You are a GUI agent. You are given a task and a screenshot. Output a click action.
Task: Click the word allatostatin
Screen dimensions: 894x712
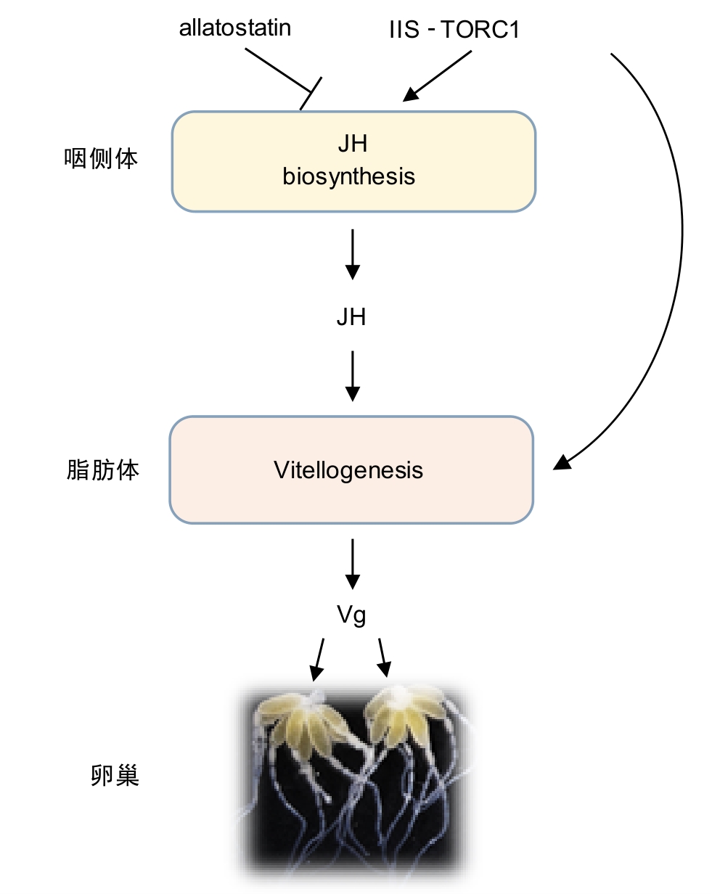[x=234, y=28]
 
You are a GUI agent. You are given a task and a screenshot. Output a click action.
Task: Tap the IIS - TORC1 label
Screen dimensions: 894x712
[x=454, y=30]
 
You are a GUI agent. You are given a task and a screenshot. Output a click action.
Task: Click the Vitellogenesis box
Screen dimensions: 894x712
[x=351, y=470]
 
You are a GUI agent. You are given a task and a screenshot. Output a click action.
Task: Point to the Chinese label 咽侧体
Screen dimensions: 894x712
[x=101, y=159]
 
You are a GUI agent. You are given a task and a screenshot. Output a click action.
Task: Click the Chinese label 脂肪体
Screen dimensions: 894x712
[x=102, y=470]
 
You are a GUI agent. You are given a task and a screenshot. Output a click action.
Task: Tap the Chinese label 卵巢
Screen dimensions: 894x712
[x=115, y=776]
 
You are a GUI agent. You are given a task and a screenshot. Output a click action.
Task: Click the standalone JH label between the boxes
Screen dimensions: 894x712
[x=351, y=316]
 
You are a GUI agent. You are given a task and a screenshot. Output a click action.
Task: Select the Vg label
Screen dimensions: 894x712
[x=351, y=615]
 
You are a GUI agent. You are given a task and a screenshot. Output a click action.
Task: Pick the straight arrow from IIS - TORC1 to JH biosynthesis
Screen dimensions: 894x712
[x=438, y=75]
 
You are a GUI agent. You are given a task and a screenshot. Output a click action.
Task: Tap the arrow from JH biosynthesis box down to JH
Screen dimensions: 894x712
[x=352, y=254]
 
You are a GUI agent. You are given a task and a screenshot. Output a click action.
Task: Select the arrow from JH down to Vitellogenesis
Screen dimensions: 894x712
[x=352, y=376]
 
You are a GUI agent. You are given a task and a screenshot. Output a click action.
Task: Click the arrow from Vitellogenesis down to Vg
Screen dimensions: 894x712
[x=352, y=563]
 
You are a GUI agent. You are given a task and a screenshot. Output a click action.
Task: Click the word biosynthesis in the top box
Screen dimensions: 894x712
[x=349, y=176]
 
